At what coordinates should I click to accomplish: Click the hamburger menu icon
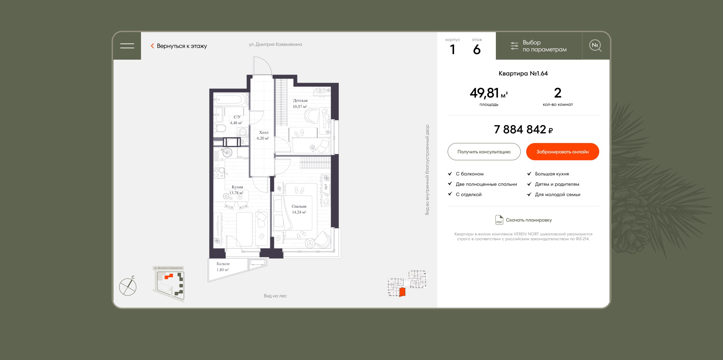tap(127, 46)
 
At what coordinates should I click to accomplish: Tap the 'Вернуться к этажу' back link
tap(179, 46)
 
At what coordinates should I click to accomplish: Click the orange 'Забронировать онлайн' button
tap(562, 152)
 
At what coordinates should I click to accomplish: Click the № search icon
tap(595, 46)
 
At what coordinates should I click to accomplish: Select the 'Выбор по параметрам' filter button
tap(539, 46)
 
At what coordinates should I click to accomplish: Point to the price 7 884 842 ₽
tap(523, 130)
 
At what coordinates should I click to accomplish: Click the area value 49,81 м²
tap(489, 93)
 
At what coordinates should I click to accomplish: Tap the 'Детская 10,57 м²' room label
tap(300, 103)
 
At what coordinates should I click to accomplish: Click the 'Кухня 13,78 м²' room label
tap(237, 190)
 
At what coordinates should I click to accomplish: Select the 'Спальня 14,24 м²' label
tap(299, 209)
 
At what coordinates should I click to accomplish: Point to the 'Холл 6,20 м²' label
tap(263, 135)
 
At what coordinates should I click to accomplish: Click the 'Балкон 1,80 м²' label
tap(223, 267)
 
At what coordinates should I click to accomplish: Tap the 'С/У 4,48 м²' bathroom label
tap(236, 120)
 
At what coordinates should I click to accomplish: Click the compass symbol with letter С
tap(128, 286)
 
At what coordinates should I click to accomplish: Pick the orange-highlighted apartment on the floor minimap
tap(402, 292)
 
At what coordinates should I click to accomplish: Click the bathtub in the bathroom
tap(230, 99)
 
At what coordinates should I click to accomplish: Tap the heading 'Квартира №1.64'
tap(523, 74)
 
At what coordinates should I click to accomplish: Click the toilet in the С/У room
tap(220, 129)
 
